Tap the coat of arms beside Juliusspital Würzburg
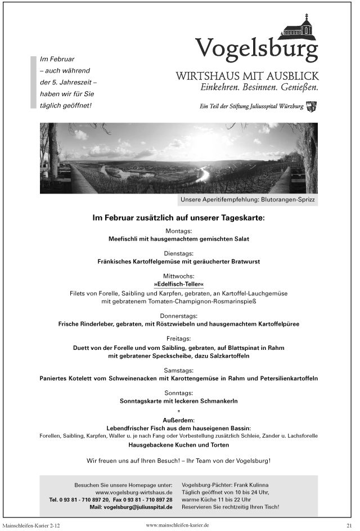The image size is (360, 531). point(312,106)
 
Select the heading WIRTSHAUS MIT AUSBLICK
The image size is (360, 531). point(247,76)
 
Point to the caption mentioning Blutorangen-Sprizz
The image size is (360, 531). point(248,200)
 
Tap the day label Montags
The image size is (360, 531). point(179,231)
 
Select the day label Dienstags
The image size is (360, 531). point(179,253)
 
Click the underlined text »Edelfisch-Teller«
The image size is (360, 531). point(179,285)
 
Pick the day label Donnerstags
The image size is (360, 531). point(179,316)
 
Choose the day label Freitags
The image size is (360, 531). point(179,339)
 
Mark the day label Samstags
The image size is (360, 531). point(179,370)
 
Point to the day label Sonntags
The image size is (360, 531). point(179,393)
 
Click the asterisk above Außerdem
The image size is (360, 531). point(179,411)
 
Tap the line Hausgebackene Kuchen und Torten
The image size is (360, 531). point(179,444)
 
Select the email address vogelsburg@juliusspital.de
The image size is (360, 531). point(138,507)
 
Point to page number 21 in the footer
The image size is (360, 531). point(349,525)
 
